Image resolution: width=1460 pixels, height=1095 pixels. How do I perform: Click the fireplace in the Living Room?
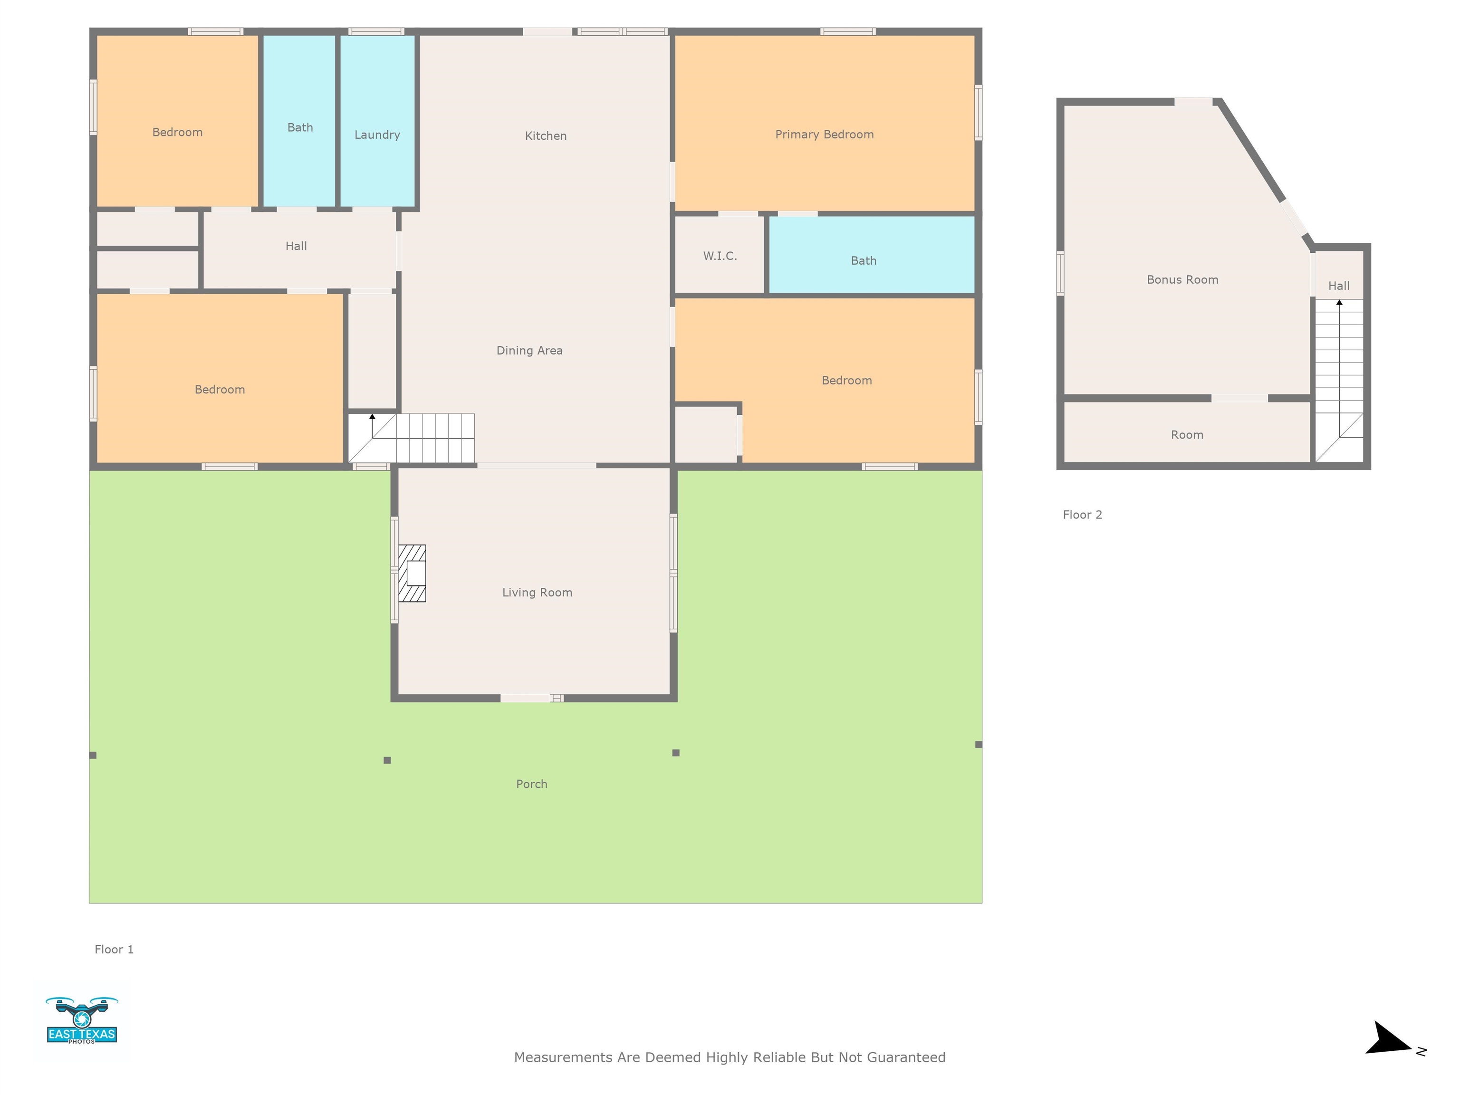pyautogui.click(x=412, y=573)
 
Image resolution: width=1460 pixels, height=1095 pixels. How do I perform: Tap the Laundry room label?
pyautogui.click(x=377, y=134)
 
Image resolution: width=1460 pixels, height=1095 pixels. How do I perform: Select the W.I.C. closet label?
pyautogui.click(x=720, y=256)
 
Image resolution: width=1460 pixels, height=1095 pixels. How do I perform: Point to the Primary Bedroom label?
pyautogui.click(x=825, y=134)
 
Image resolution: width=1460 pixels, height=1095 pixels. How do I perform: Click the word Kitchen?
pyautogui.click(x=545, y=136)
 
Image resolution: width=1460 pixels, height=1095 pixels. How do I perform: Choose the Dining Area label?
pyautogui.click(x=529, y=350)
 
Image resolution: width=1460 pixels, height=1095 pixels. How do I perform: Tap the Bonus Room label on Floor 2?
pyautogui.click(x=1182, y=280)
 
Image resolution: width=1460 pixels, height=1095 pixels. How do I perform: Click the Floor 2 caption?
pyautogui.click(x=1083, y=515)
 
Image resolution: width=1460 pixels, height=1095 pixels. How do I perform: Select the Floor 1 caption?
pyautogui.click(x=114, y=949)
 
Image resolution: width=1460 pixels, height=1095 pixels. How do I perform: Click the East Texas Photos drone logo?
pyautogui.click(x=82, y=1020)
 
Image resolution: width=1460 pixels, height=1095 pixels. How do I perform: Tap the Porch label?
pyautogui.click(x=531, y=784)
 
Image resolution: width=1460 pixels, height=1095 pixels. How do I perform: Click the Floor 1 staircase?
pyautogui.click(x=411, y=438)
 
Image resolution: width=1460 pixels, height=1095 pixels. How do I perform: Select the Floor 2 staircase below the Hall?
pyautogui.click(x=1339, y=380)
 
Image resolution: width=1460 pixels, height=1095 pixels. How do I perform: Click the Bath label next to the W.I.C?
pyautogui.click(x=864, y=261)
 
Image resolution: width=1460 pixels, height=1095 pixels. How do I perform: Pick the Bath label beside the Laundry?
pyautogui.click(x=300, y=127)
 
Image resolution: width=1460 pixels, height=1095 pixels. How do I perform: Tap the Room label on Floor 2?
pyautogui.click(x=1187, y=435)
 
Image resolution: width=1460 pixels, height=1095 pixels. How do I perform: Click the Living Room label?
pyautogui.click(x=537, y=593)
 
